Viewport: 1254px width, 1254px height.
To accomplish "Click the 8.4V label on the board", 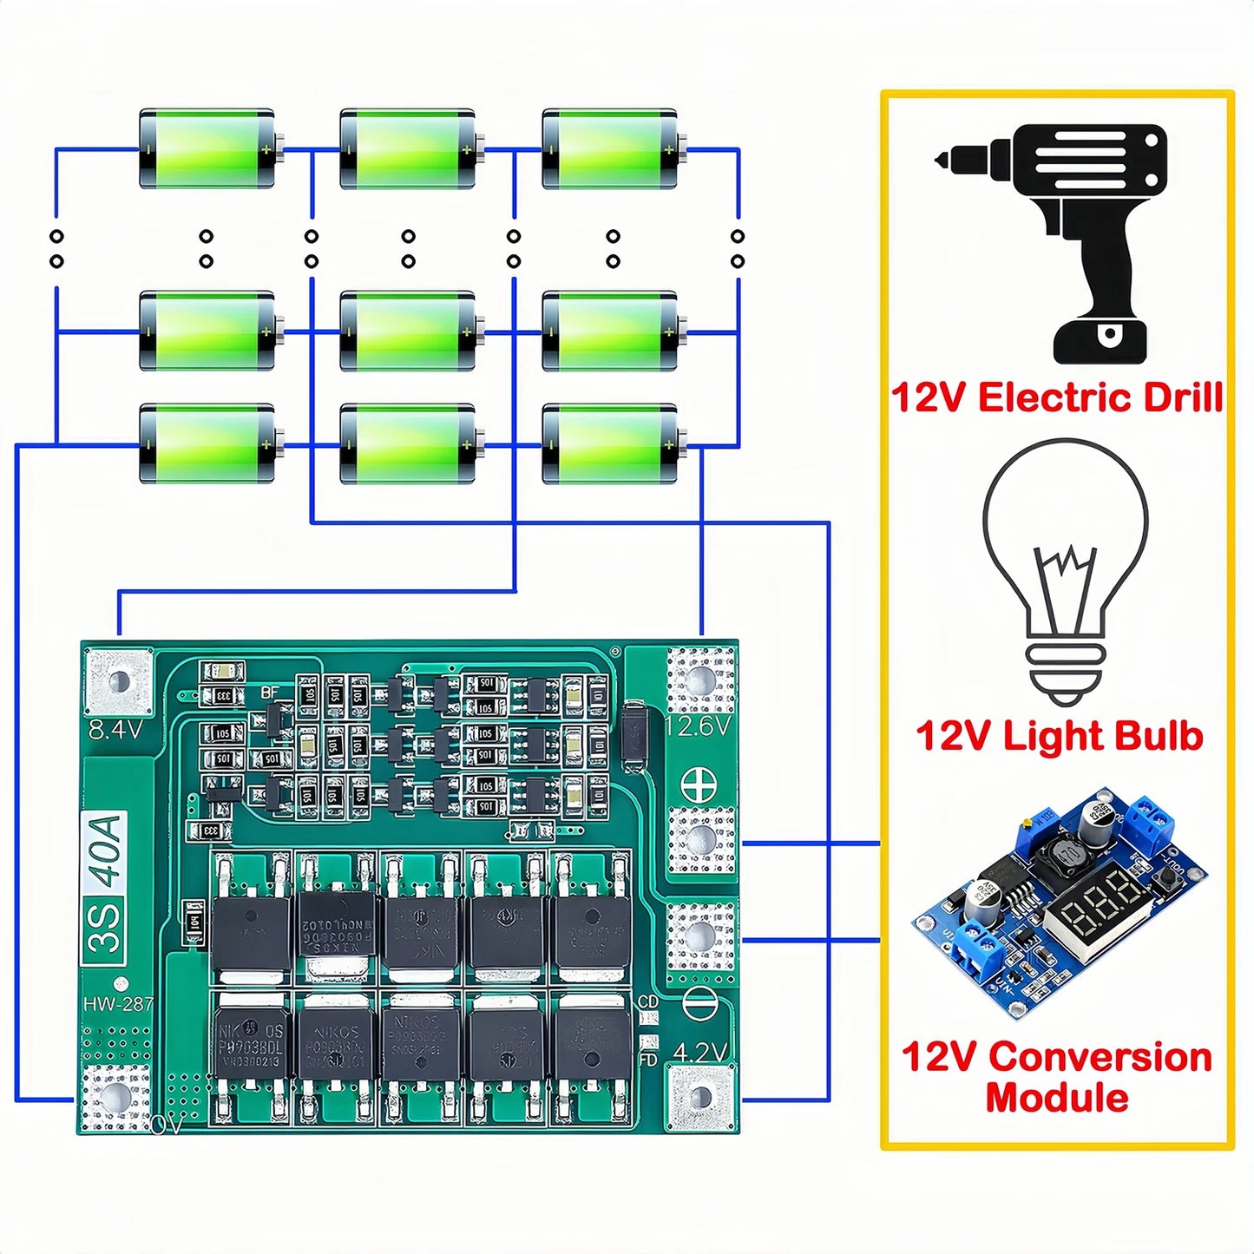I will coord(115,730).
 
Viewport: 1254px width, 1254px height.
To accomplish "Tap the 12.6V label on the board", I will coord(698,725).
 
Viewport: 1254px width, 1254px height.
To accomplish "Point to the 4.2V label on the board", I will coord(699,1053).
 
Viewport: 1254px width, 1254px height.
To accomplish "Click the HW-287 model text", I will coord(118,1004).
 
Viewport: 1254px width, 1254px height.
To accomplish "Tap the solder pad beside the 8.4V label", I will coord(119,681).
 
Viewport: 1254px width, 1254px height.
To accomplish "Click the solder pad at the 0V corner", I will coord(115,1098).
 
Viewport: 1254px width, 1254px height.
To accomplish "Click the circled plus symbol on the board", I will coord(699,785).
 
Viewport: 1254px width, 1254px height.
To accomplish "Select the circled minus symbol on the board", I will coord(699,1004).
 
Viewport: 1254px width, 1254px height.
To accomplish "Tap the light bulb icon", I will coord(1066,568).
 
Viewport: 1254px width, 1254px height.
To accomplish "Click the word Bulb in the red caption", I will coord(1158,736).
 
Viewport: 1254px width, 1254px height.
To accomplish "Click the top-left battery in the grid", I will coord(207,148).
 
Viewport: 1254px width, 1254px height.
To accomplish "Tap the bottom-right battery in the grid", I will coord(610,443).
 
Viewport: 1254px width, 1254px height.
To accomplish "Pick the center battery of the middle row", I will coord(408,331).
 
